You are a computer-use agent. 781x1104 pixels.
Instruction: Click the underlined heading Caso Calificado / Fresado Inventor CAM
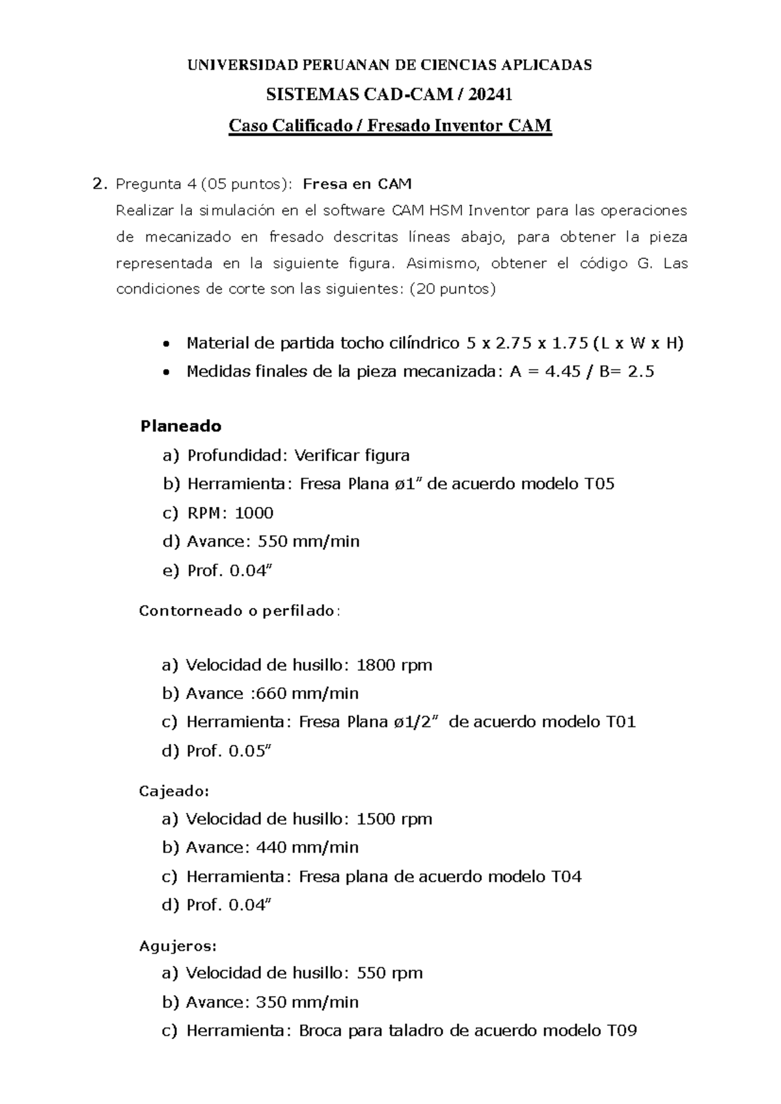(390, 125)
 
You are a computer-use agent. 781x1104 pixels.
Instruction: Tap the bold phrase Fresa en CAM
(357, 184)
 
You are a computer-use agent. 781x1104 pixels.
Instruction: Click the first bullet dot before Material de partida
(167, 344)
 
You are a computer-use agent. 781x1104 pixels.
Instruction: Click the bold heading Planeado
(181, 426)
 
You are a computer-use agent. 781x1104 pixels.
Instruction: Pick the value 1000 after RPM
(254, 513)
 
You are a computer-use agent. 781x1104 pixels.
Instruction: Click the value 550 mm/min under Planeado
(308, 542)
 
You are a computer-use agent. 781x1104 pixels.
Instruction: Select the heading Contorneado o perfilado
(239, 611)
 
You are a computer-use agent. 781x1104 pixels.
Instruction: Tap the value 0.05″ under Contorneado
(249, 751)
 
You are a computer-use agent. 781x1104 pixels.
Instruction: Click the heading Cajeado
(174, 792)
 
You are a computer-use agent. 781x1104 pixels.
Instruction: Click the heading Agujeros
(178, 946)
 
